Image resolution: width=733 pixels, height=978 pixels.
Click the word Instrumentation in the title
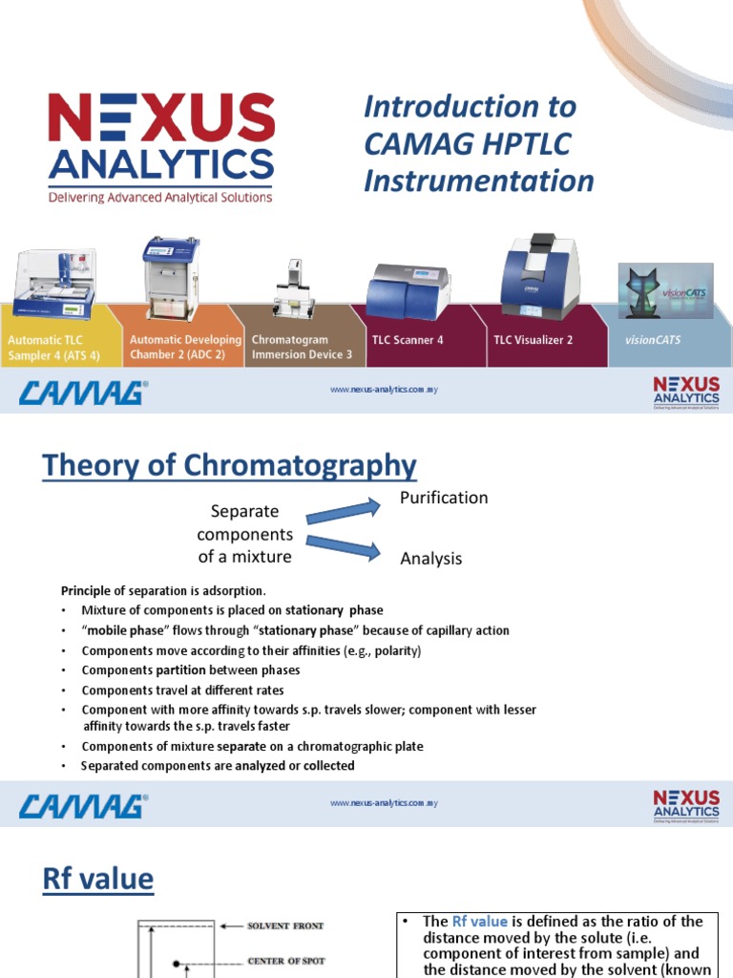[478, 181]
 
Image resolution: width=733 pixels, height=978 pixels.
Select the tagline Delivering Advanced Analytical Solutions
[161, 198]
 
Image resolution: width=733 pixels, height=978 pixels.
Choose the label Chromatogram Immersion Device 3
[301, 347]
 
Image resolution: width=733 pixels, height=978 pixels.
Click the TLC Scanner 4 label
[407, 340]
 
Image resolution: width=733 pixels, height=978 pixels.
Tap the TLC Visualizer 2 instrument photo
[539, 276]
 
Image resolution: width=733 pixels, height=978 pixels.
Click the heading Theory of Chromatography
[229, 466]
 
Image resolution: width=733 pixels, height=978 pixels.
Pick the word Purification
[443, 498]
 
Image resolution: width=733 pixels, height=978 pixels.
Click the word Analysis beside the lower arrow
[430, 559]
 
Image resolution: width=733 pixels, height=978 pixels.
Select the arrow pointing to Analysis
[342, 547]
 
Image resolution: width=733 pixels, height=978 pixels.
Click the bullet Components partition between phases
[191, 670]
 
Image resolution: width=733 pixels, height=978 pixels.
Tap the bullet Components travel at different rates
[182, 690]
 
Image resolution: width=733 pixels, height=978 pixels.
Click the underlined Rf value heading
[98, 879]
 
